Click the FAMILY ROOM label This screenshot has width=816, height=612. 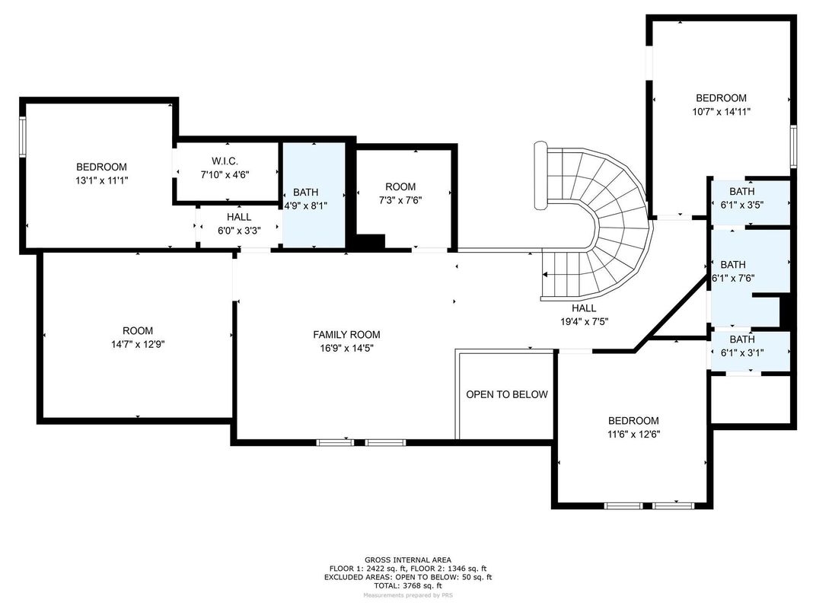pyautogui.click(x=346, y=334)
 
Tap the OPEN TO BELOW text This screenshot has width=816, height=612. pyautogui.click(x=506, y=394)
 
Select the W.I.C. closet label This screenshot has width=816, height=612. pyautogui.click(x=225, y=161)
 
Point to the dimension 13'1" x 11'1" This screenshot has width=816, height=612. pyautogui.click(x=101, y=180)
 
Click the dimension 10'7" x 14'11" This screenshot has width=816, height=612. pyautogui.click(x=721, y=111)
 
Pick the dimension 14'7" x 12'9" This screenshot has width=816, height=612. pyautogui.click(x=138, y=344)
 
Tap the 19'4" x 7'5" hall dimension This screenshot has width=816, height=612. pyautogui.click(x=584, y=321)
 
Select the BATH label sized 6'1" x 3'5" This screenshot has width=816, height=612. pyautogui.click(x=741, y=192)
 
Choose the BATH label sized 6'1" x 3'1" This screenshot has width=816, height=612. pyautogui.click(x=741, y=339)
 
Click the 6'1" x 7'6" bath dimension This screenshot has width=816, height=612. pyautogui.click(x=732, y=278)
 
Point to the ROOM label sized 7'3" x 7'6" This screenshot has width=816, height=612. pyautogui.click(x=400, y=186)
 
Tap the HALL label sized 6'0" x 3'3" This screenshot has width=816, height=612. pyautogui.click(x=238, y=217)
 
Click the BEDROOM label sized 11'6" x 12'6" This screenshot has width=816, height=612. pyautogui.click(x=633, y=421)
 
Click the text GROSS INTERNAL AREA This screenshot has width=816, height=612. pyautogui.click(x=407, y=559)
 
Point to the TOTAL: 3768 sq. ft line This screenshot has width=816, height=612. pyautogui.click(x=407, y=586)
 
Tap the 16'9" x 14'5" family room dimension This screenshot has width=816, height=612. pyautogui.click(x=346, y=347)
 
